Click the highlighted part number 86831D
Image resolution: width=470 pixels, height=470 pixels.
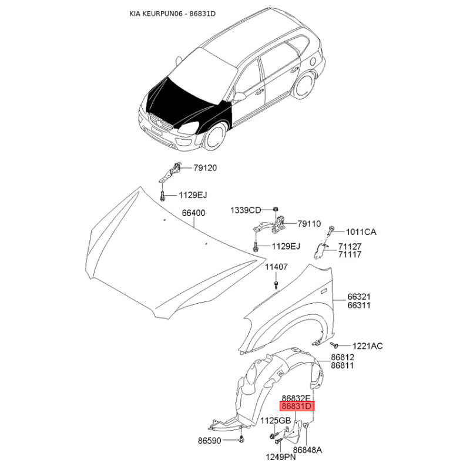[x=297, y=407]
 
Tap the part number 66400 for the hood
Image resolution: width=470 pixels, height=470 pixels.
[x=194, y=213]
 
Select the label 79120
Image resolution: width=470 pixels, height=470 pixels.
[x=205, y=168]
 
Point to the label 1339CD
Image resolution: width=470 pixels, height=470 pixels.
[x=246, y=210]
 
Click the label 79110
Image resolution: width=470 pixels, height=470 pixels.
[x=309, y=224]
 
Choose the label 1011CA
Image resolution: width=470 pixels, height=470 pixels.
[x=361, y=232]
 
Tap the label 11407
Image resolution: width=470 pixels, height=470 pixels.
[x=276, y=267]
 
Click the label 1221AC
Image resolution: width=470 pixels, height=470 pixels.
[x=368, y=346]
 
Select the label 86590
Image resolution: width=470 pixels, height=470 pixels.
[x=210, y=441]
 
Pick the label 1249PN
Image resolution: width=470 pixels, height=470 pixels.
[x=281, y=457]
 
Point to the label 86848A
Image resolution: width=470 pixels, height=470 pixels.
[x=307, y=450]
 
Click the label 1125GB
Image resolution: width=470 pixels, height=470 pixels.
[x=276, y=421]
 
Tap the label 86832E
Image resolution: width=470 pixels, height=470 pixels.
[x=296, y=398]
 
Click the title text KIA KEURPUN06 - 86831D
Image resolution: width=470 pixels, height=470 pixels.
[x=172, y=14]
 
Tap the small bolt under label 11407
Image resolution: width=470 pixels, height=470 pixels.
[x=276, y=284]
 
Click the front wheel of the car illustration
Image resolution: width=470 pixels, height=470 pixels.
[x=214, y=138]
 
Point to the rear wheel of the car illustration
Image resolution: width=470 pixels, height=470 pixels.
[x=304, y=85]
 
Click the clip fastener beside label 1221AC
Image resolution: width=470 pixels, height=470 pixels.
[x=334, y=345]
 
